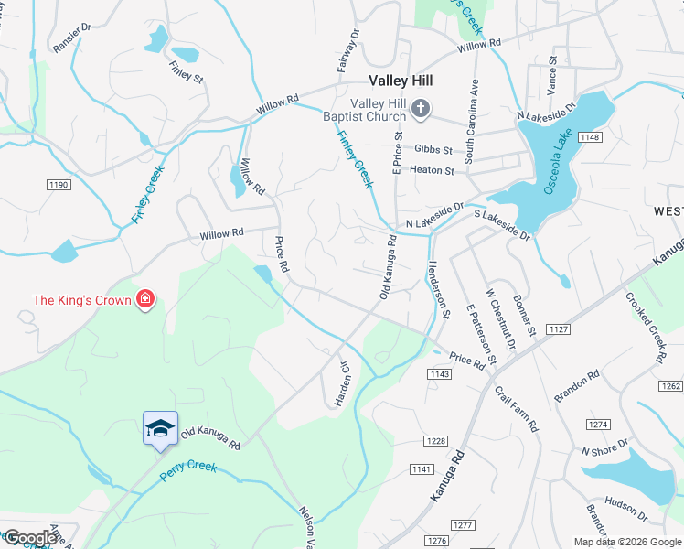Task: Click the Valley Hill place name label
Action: click(x=400, y=81)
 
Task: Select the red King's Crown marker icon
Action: click(x=144, y=299)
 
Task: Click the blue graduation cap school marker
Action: click(x=159, y=428)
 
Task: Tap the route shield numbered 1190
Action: click(x=59, y=185)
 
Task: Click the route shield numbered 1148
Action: click(x=590, y=137)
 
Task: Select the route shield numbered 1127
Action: click(x=559, y=328)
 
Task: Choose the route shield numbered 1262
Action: click(x=671, y=386)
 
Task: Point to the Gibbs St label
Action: click(x=433, y=149)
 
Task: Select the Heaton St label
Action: click(x=432, y=170)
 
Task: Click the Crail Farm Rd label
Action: click(x=517, y=407)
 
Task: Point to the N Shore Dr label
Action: click(x=605, y=448)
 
